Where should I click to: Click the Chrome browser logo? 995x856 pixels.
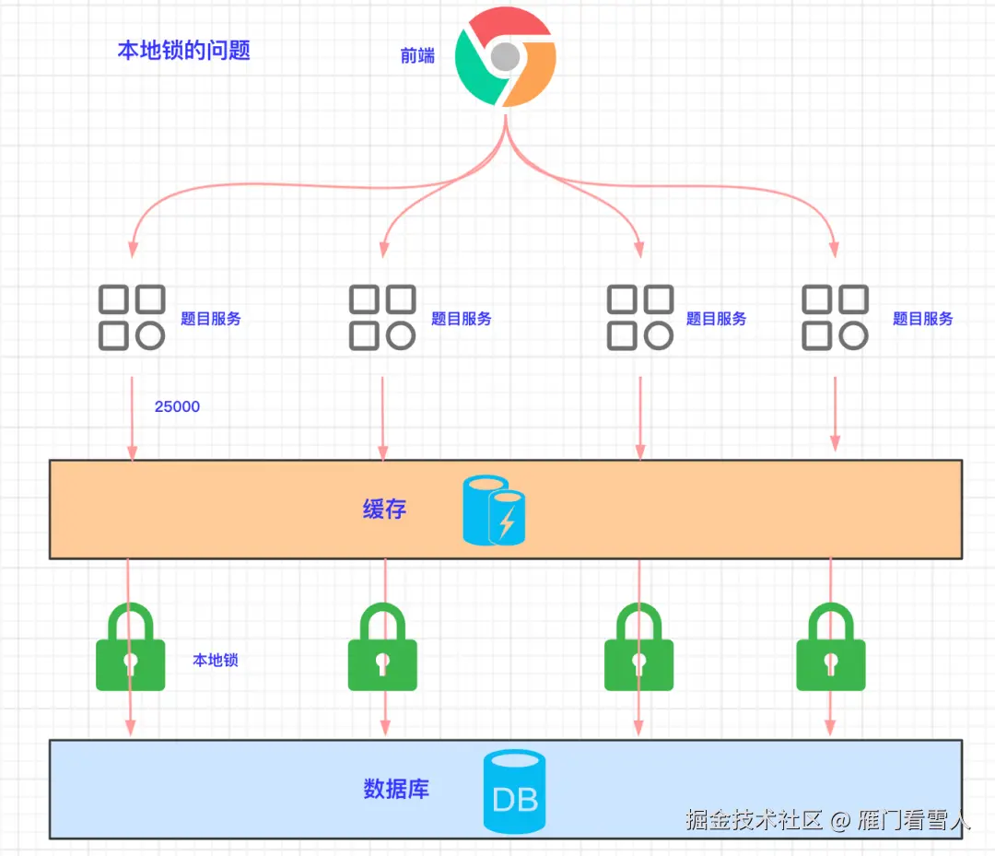click(x=506, y=58)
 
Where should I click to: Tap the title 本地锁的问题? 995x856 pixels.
click(x=183, y=50)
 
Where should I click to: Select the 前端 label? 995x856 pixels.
click(x=417, y=55)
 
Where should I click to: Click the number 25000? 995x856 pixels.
click(x=177, y=406)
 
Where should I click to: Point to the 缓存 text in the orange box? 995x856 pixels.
click(x=384, y=509)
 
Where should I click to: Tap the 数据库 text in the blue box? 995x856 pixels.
click(x=396, y=790)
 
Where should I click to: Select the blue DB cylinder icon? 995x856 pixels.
click(x=515, y=792)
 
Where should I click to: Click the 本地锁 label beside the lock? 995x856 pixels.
click(x=216, y=660)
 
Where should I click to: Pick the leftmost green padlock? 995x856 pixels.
click(x=131, y=648)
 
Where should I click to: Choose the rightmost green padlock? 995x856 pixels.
click(x=831, y=648)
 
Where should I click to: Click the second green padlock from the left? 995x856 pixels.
click(x=382, y=648)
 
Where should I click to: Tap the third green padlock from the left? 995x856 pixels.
click(x=638, y=648)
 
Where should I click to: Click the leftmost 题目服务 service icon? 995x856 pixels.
click(x=132, y=318)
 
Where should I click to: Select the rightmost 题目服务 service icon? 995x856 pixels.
click(x=835, y=318)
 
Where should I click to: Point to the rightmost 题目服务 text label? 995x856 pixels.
click(x=922, y=319)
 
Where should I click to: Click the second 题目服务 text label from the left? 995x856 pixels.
click(x=462, y=319)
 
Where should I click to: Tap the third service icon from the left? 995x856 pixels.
click(x=640, y=318)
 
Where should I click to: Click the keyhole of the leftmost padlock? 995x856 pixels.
click(x=131, y=663)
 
